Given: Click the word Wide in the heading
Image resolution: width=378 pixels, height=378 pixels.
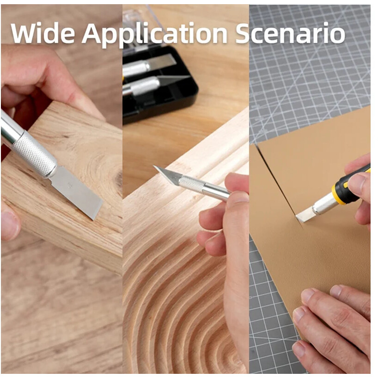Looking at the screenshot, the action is pyautogui.click(x=43, y=33).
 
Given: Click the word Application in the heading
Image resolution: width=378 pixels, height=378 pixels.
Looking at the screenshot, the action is pyautogui.click(x=154, y=35).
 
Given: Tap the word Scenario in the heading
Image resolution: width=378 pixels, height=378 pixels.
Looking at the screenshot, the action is pyautogui.click(x=291, y=33).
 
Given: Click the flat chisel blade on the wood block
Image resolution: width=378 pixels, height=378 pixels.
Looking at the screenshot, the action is pyautogui.click(x=76, y=192).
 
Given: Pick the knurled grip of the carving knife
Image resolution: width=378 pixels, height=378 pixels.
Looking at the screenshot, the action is pyautogui.click(x=192, y=184).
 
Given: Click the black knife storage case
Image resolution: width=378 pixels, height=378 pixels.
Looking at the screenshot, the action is pyautogui.click(x=159, y=82).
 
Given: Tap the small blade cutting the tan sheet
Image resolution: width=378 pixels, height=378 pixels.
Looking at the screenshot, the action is pyautogui.click(x=304, y=215).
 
